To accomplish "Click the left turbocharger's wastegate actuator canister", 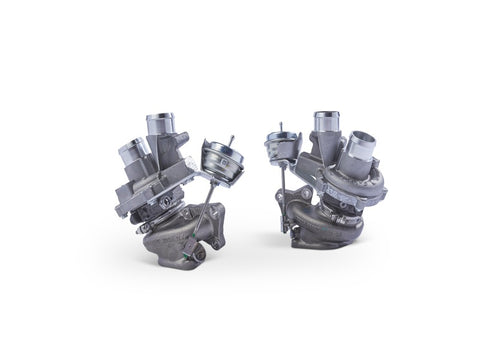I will pyautogui.click(x=217, y=157).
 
